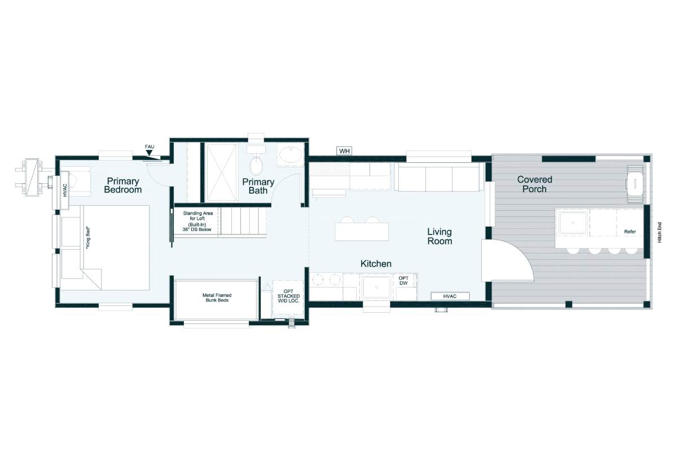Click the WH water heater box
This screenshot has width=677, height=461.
[344, 150]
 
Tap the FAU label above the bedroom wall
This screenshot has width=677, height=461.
[150, 147]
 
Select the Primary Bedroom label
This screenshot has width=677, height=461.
[123, 185]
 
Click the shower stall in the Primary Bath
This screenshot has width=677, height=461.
[222, 172]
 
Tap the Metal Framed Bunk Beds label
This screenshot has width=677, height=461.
[217, 298]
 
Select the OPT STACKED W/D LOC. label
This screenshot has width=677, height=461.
[289, 296]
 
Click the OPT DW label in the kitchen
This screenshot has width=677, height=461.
[403, 281]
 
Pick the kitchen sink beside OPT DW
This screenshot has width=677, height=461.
[376, 287]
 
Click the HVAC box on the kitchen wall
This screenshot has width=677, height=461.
[450, 296]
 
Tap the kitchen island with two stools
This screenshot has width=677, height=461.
[362, 232]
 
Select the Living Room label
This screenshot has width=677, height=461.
[439, 236]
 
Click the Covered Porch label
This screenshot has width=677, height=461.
[535, 184]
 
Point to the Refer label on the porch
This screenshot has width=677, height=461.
[630, 232]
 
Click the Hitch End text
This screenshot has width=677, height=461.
[660, 232]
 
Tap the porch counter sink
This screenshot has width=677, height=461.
[573, 223]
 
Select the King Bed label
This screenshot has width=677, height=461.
[88, 238]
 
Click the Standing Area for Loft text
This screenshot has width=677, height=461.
[198, 215]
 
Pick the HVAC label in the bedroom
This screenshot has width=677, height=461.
[65, 190]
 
